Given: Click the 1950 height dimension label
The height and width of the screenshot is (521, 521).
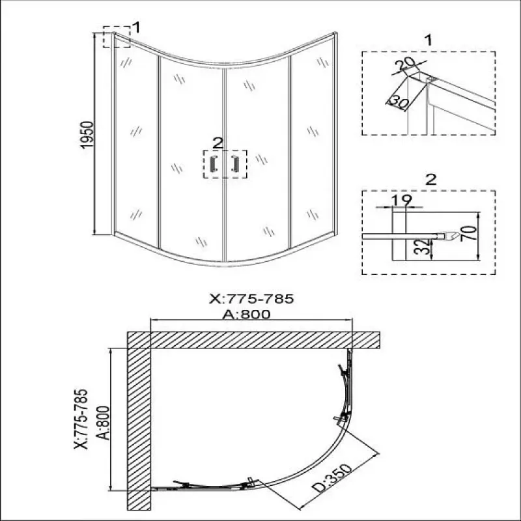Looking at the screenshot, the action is [x=88, y=135].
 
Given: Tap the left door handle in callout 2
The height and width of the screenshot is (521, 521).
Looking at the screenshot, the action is [x=214, y=164].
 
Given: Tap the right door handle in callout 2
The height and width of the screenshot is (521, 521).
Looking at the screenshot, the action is [x=235, y=164].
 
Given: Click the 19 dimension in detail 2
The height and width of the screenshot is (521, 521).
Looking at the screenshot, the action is [x=401, y=201].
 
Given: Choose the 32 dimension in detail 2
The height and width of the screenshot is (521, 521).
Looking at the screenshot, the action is [x=422, y=247].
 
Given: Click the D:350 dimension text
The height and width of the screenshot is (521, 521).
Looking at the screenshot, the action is [x=332, y=478].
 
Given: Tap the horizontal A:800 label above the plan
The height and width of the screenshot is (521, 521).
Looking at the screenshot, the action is [x=246, y=315].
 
